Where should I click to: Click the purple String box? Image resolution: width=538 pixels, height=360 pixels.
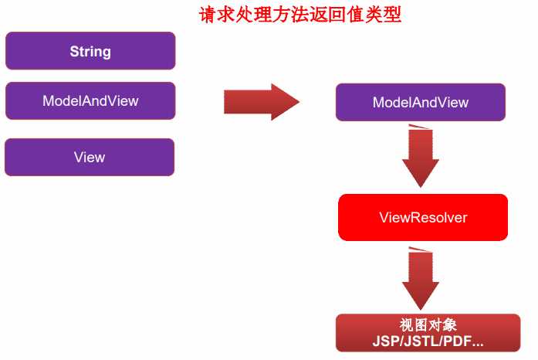tap(90, 52)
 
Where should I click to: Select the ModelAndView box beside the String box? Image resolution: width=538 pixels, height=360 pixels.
tap(90, 100)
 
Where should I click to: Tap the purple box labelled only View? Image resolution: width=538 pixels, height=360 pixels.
tap(90, 158)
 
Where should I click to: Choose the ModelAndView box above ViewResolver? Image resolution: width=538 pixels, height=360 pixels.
tap(420, 102)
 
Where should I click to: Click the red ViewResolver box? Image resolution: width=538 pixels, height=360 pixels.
tap(423, 218)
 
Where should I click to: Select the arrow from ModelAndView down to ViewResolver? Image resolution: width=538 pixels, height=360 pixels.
tap(420, 156)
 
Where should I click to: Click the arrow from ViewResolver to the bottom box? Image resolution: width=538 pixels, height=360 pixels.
tap(420, 278)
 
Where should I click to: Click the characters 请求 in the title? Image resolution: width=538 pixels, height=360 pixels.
tap(225, 15)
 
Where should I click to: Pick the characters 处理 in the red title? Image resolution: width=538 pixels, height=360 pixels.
tap(263, 15)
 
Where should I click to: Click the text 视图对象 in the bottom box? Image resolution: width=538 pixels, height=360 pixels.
tap(421, 325)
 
